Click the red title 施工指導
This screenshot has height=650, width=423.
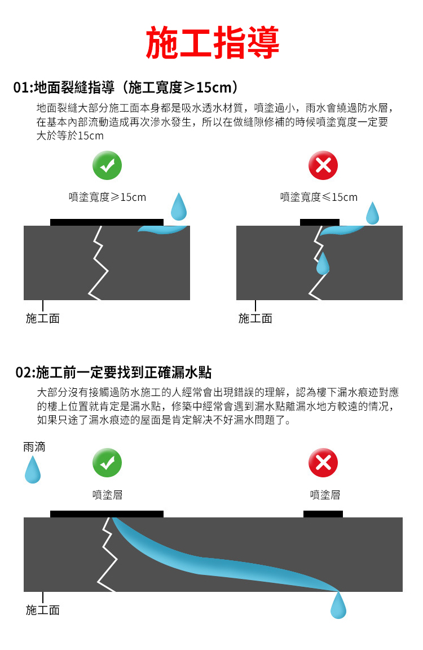[x=213, y=42]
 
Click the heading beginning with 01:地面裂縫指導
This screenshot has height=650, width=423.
[x=126, y=87]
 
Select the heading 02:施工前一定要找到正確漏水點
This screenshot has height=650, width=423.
[x=113, y=372]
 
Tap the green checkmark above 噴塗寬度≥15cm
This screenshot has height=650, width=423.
[x=107, y=165]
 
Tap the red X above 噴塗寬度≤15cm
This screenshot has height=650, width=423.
[x=323, y=165]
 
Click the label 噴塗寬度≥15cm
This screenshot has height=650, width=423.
[x=107, y=197]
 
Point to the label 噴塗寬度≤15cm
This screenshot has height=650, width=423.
[x=319, y=197]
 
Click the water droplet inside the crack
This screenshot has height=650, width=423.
[x=322, y=263]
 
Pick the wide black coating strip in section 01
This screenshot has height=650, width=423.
[x=107, y=222]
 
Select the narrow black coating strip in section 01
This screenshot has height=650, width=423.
[x=319, y=222]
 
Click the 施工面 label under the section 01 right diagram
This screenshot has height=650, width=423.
[x=255, y=318]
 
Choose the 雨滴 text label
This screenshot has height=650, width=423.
[x=34, y=447]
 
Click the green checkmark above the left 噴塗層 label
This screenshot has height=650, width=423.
[x=107, y=463]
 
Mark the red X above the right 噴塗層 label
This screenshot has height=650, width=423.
[x=323, y=463]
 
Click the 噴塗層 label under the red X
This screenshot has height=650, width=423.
[x=325, y=494]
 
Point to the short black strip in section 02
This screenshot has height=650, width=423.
[x=323, y=514]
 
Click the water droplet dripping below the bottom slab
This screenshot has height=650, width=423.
[x=338, y=605]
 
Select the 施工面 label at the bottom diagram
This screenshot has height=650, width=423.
[x=43, y=610]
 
